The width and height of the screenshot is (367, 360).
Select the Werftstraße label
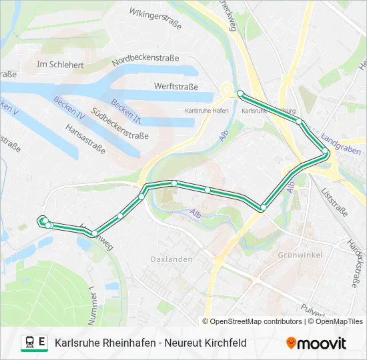click(176, 87)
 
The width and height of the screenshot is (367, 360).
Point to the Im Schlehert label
click(61, 65)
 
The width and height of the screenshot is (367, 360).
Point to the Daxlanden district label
click(171, 259)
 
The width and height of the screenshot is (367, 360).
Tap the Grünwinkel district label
click(300, 255)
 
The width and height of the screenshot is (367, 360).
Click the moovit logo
click(316, 343)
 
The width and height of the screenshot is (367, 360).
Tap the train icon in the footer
click(30, 343)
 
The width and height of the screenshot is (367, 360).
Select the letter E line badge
click(42, 343)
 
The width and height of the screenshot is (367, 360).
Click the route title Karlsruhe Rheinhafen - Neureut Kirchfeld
click(150, 343)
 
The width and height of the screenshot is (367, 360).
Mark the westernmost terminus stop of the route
click(43, 221)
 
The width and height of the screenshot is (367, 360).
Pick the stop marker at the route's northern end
click(240, 94)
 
